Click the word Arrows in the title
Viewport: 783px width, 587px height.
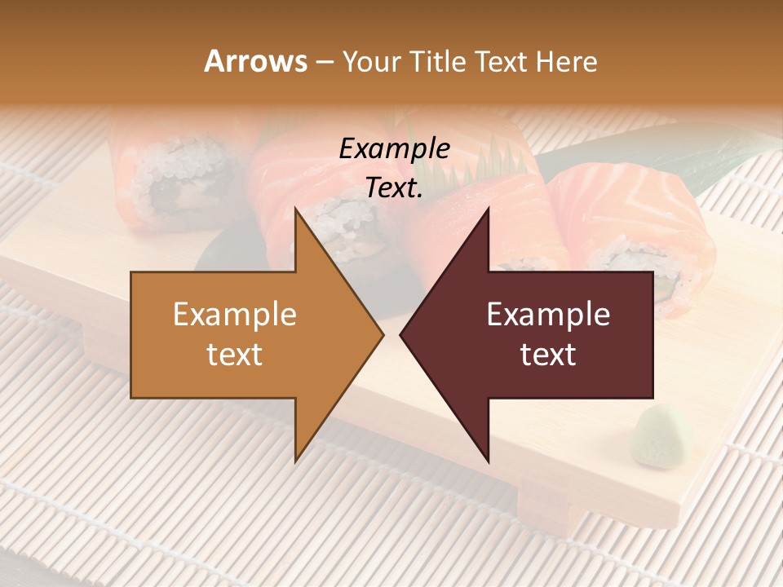(x=255, y=62)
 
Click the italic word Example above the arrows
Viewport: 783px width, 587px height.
(x=394, y=148)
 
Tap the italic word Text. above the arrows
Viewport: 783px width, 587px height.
(x=394, y=188)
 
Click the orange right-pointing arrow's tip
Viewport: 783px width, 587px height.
(x=382, y=334)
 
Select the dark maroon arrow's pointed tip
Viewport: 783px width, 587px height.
(x=401, y=334)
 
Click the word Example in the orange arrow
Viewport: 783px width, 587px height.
(x=235, y=315)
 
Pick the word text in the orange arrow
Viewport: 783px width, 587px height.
(x=235, y=355)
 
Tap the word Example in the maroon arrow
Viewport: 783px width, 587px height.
(x=548, y=315)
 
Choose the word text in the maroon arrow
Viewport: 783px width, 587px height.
(x=548, y=355)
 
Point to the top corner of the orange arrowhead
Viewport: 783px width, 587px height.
(x=295, y=209)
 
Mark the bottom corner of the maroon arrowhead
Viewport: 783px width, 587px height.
(x=488, y=461)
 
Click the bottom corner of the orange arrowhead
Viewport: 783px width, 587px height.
(x=295, y=461)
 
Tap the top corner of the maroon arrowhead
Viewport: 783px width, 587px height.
(x=488, y=209)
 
